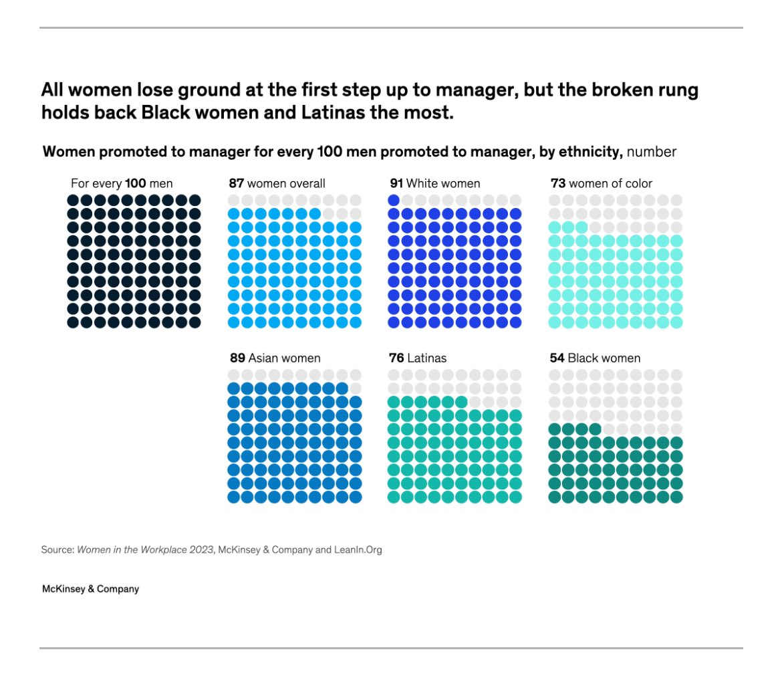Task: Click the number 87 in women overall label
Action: click(x=237, y=183)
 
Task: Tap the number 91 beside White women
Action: click(x=396, y=183)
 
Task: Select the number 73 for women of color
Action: click(x=557, y=183)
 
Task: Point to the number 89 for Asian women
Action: click(x=238, y=358)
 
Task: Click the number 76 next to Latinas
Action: click(x=396, y=358)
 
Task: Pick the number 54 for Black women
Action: click(x=557, y=358)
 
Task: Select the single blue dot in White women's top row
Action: click(x=394, y=200)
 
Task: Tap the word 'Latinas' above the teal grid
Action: click(x=427, y=358)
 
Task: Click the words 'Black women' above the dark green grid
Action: click(x=604, y=358)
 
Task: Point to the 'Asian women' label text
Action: click(x=285, y=358)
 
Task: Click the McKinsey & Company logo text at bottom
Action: click(x=90, y=589)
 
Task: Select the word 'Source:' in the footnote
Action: click(x=57, y=550)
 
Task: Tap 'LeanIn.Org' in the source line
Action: click(x=358, y=550)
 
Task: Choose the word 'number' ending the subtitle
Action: click(x=651, y=152)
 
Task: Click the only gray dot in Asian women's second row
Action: click(x=355, y=388)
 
